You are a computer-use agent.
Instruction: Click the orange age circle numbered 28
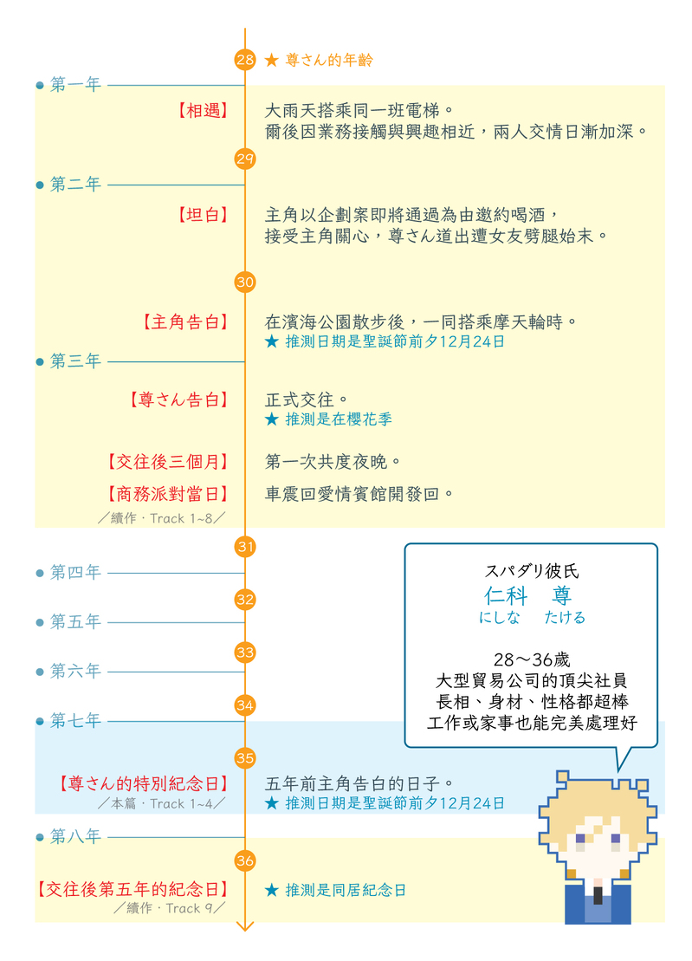[x=245, y=60]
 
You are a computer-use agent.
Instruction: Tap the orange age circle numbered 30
[x=245, y=282]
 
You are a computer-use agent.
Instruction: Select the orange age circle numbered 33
[x=245, y=652]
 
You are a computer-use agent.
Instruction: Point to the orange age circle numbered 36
[x=245, y=860]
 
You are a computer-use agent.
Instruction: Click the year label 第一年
[x=75, y=85]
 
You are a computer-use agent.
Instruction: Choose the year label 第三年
[x=75, y=361]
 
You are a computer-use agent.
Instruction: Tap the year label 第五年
[x=75, y=622]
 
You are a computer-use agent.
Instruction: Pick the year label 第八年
[x=75, y=837]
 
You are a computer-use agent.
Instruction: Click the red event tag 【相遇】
[x=202, y=111]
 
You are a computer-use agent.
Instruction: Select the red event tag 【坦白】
[x=202, y=214]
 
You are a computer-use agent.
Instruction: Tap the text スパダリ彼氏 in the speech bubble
[x=532, y=572]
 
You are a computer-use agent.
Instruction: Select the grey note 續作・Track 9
[x=169, y=908]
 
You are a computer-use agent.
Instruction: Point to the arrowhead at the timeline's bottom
[x=245, y=925]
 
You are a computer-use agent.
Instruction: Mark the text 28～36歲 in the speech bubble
[x=532, y=659]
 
